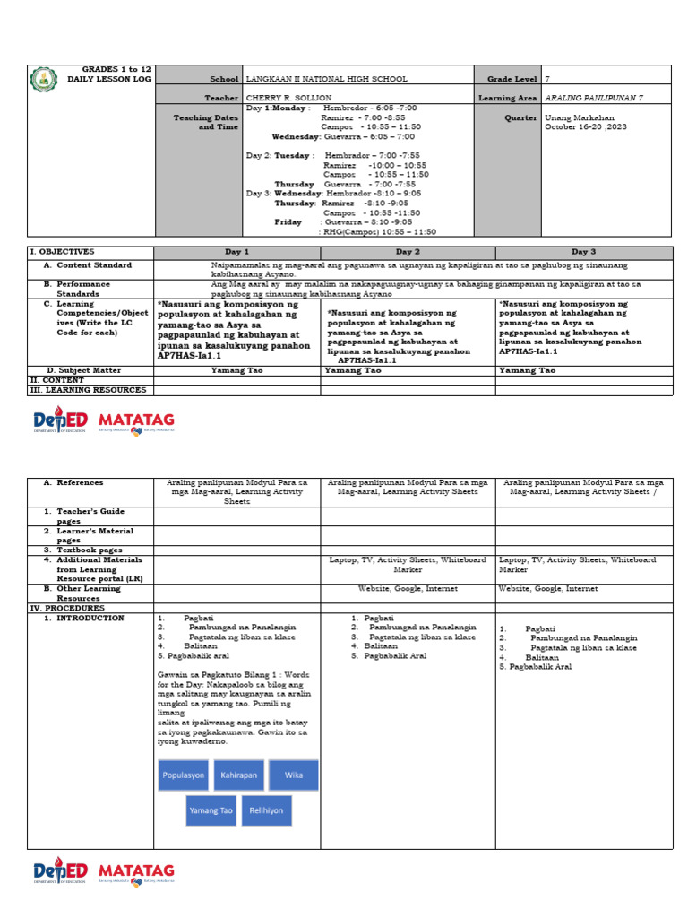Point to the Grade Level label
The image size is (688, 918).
click(x=512, y=80)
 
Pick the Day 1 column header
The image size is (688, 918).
click(x=236, y=253)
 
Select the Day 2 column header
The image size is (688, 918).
click(x=408, y=253)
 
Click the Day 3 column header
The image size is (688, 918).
click(x=583, y=253)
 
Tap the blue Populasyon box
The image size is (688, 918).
click(x=184, y=774)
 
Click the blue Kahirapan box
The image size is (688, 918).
click(x=239, y=774)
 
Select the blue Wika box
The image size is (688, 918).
click(x=294, y=774)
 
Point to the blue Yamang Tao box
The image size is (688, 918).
click(x=211, y=810)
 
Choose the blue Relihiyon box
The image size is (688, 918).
click(x=266, y=810)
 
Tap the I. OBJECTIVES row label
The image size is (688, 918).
click(x=62, y=253)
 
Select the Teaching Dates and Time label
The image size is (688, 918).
click(x=206, y=122)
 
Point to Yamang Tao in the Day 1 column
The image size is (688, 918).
click(x=236, y=370)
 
